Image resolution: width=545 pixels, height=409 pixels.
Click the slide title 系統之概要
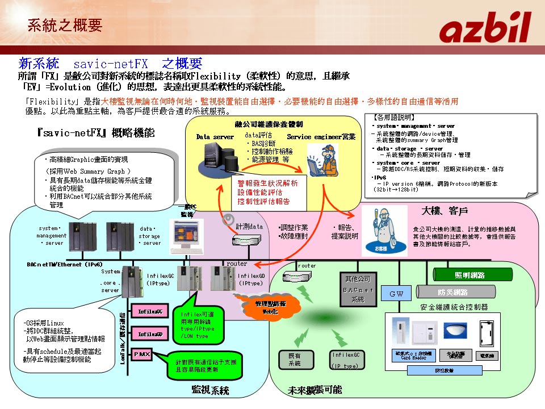pyautogui.click(x=65, y=24)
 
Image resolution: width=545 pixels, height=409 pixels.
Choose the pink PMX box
pyautogui.click(x=141, y=354)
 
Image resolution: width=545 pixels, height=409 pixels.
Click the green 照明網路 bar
pyautogui.click(x=469, y=275)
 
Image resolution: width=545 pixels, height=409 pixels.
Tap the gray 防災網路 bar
pyautogui.click(x=452, y=292)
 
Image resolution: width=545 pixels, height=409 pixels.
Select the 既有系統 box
pyautogui.click(x=295, y=359)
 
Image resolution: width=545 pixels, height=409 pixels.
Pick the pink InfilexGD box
pyautogui.click(x=150, y=334)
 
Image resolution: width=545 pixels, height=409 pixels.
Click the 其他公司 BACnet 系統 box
pyautogui.click(x=358, y=289)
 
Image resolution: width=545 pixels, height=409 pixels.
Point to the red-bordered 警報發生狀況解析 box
pyautogui.click(x=268, y=192)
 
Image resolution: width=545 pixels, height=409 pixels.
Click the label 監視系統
pyautogui.click(x=210, y=390)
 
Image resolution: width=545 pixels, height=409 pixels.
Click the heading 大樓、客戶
pyautogui.click(x=446, y=211)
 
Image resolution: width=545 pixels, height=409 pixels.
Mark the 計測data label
pyautogui.click(x=249, y=226)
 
